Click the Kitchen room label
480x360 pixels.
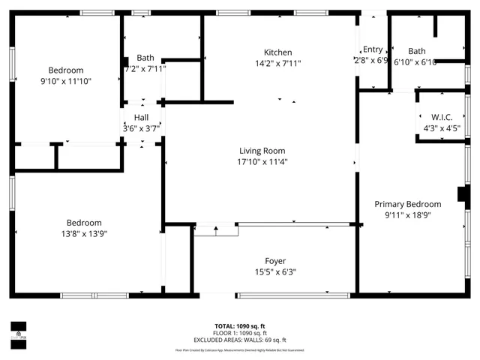tap(277, 52)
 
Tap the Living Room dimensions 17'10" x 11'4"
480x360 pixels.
tap(263, 161)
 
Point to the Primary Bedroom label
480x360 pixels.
tap(408, 204)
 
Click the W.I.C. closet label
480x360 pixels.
tap(441, 117)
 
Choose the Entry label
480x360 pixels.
tap(373, 50)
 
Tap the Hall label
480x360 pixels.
tap(141, 118)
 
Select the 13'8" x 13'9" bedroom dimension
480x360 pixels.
tap(84, 233)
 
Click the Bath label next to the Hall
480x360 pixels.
tap(145, 58)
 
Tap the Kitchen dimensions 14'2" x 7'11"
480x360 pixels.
tap(277, 63)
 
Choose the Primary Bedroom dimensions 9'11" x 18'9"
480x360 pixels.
tap(408, 214)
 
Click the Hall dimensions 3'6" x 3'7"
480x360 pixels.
tap(141, 128)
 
